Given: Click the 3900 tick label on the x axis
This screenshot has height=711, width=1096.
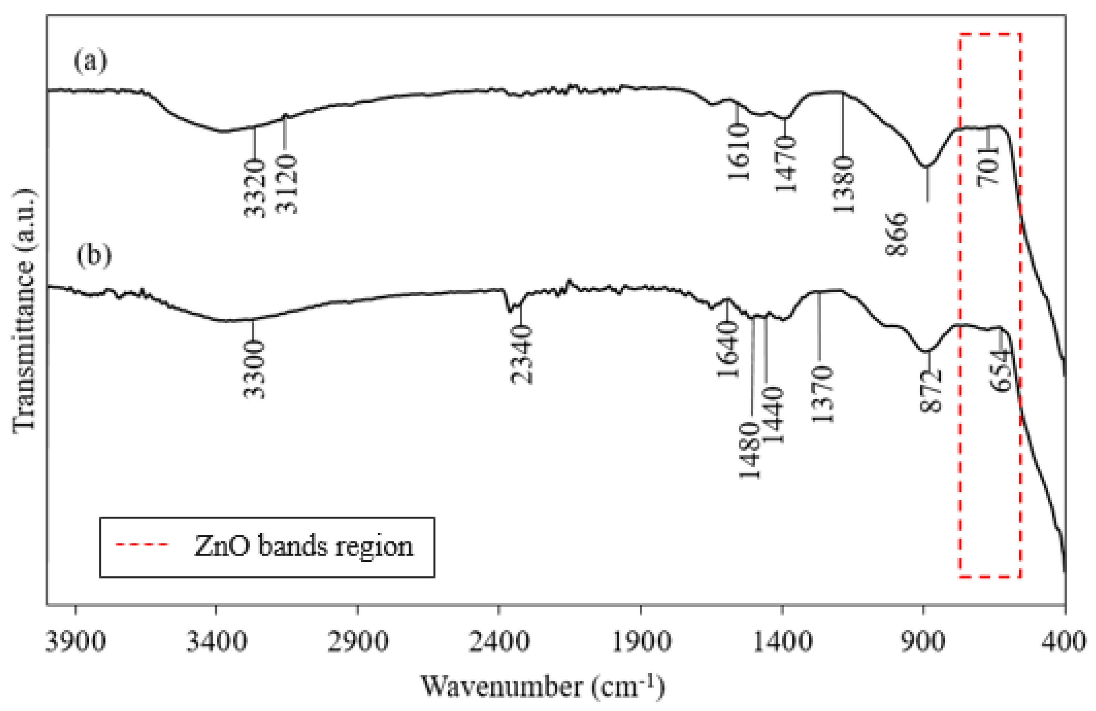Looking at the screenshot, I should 76,641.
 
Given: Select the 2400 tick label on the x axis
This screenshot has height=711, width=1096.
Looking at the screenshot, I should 499,641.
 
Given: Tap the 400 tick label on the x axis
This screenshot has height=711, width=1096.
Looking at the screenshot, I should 1065,641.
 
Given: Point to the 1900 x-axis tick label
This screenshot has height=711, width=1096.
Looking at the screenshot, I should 640,641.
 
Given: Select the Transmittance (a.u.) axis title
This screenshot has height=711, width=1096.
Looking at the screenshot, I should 24,311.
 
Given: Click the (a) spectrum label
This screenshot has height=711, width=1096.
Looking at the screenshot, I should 90,61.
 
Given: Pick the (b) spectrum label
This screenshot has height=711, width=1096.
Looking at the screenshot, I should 94,256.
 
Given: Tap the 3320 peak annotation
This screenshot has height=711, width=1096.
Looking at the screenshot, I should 255,188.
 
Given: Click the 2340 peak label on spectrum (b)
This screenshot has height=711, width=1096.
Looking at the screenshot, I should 521,354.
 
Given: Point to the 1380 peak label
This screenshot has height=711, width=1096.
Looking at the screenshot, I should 844,184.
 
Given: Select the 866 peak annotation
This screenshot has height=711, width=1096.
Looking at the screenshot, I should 896,234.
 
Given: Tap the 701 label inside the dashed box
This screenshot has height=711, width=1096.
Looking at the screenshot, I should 988,166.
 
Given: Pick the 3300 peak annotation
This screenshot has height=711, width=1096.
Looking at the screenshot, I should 255,369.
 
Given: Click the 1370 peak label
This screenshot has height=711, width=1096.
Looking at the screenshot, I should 822,394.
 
